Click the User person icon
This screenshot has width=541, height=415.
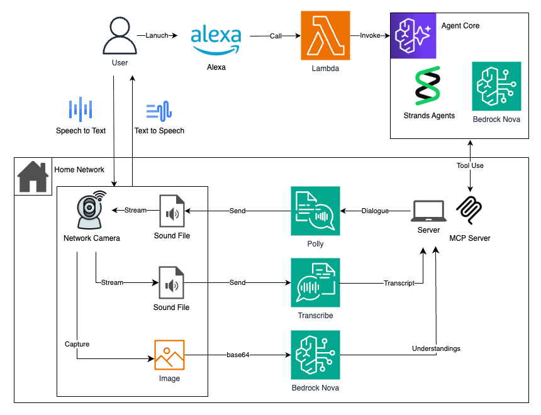point(120,36)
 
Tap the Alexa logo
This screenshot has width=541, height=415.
point(216,39)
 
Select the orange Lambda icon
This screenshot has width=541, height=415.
point(325,36)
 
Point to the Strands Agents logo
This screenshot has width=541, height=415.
point(428,86)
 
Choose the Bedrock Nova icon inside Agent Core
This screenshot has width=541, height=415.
point(496,86)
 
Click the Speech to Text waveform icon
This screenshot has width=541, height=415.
point(81,109)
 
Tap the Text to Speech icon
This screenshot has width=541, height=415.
point(159,111)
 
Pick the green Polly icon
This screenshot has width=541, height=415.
point(315,211)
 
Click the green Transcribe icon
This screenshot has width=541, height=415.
point(315,283)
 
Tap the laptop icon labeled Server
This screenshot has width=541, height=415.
point(428,211)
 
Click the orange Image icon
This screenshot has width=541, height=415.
point(169,355)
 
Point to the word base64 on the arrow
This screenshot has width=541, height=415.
point(238,355)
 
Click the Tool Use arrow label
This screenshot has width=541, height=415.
point(469,165)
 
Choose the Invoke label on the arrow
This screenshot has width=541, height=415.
point(370,36)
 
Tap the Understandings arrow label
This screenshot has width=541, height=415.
point(436,348)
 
